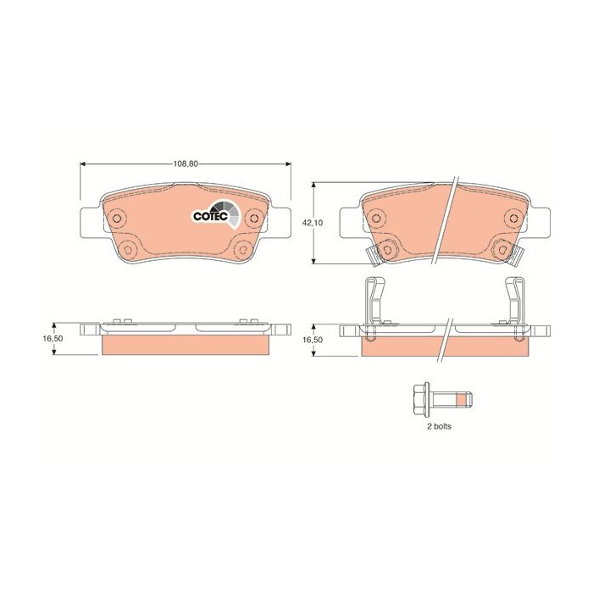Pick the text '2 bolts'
coord(438,427)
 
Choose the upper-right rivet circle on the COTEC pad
coord(253,219)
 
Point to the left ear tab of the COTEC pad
coord(91,222)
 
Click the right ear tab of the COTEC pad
coord(280,222)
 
